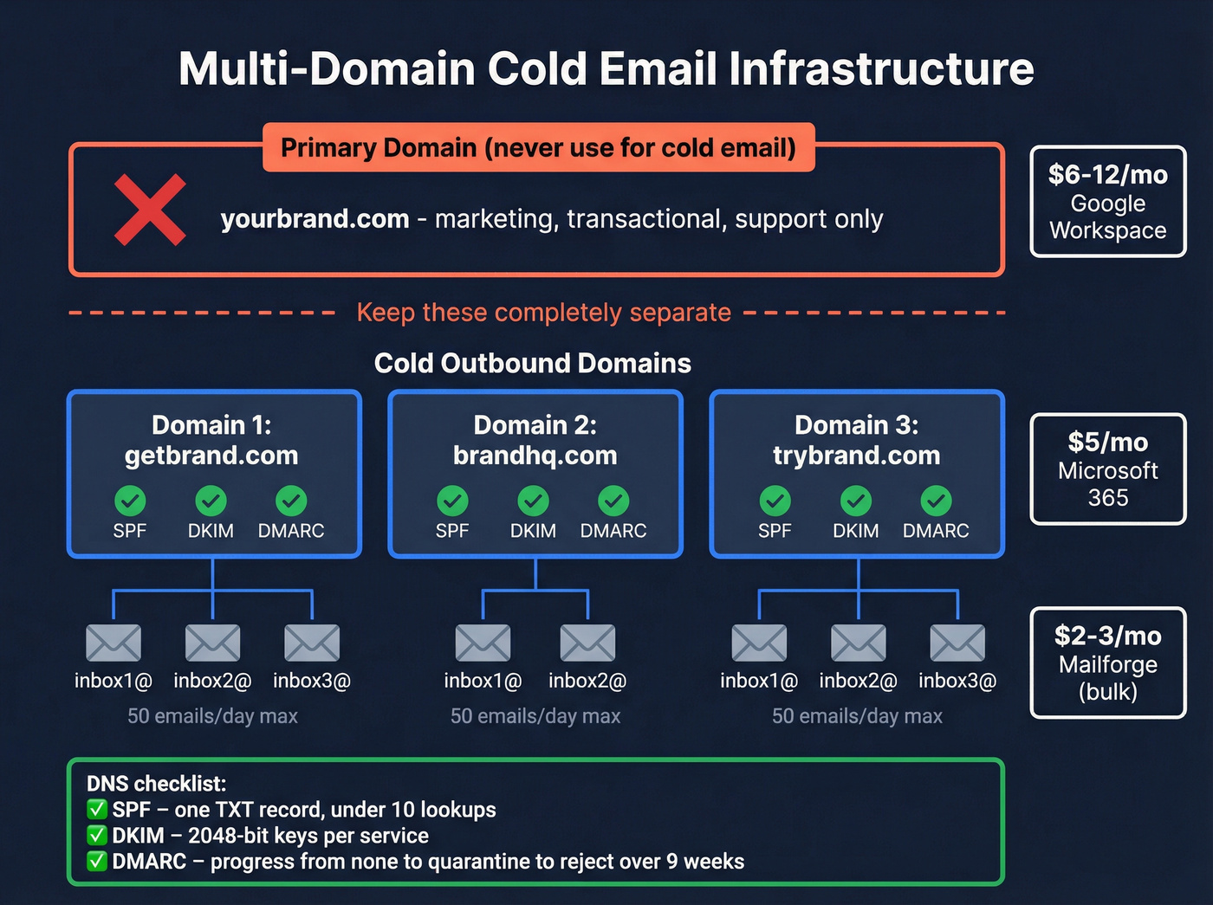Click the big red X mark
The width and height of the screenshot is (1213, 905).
(x=150, y=210)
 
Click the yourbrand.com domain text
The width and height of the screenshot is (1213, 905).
(x=315, y=219)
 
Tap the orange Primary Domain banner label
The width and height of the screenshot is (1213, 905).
(x=538, y=147)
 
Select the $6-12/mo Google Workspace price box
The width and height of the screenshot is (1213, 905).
(x=1107, y=202)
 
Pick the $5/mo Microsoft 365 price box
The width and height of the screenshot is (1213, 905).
(x=1107, y=469)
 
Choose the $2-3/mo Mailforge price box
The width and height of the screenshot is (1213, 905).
(x=1107, y=663)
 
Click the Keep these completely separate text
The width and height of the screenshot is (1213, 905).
(x=543, y=313)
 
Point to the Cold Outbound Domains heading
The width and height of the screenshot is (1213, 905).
(x=532, y=363)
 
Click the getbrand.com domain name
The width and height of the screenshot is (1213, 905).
(x=211, y=456)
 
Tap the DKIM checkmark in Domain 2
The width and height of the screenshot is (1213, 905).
(x=533, y=501)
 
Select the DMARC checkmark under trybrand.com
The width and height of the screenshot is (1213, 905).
(x=936, y=501)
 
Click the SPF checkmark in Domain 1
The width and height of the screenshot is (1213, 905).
(x=130, y=501)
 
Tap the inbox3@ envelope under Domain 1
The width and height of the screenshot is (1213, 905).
(x=312, y=643)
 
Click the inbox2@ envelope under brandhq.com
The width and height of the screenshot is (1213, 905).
(x=587, y=643)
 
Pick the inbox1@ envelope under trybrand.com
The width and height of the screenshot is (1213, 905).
(x=759, y=643)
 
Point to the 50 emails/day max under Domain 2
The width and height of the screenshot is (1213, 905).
(x=535, y=716)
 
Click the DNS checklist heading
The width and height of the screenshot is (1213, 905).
(x=156, y=784)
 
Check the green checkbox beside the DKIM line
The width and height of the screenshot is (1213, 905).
(x=97, y=836)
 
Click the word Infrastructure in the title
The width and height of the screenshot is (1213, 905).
(x=881, y=68)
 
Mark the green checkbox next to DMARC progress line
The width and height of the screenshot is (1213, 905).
(x=97, y=862)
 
